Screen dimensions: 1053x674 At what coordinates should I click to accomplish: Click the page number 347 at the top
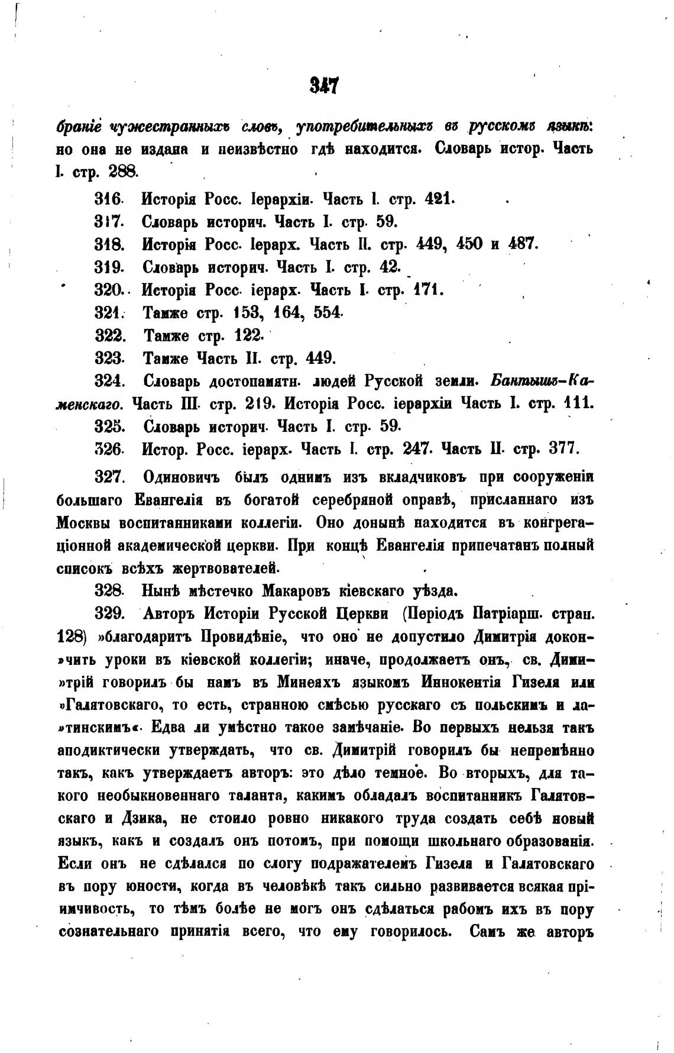[323, 87]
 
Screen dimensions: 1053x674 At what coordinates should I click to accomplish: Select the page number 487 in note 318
[521, 244]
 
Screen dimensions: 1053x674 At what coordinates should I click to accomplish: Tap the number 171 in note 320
[427, 290]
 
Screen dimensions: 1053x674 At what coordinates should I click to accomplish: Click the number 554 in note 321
[328, 312]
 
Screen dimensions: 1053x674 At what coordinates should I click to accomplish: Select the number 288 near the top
[122, 172]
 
